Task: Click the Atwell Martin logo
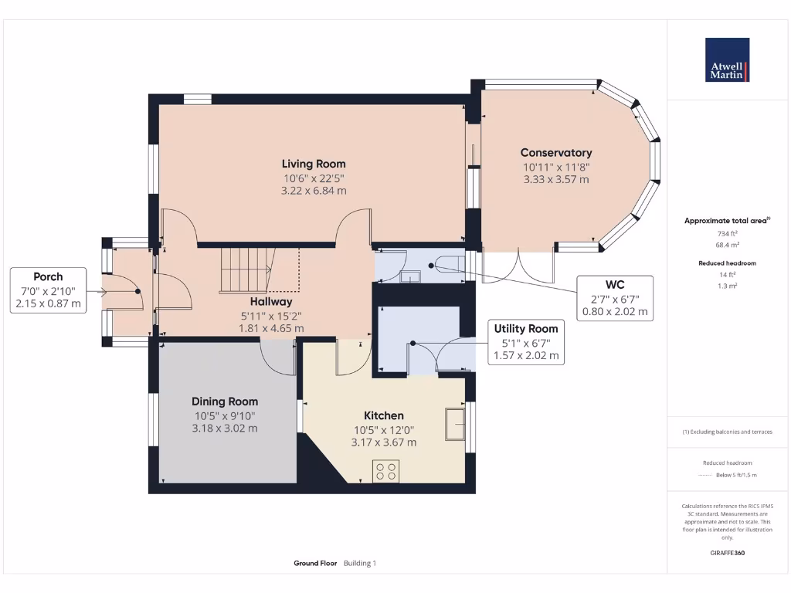click(727, 59)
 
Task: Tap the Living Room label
click(314, 164)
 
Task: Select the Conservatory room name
click(556, 152)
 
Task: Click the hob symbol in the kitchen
click(386, 471)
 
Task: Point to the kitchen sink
click(455, 425)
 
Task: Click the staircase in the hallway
click(247, 269)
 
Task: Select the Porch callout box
click(49, 290)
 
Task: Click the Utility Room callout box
click(526, 342)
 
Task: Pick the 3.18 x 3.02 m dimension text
click(225, 428)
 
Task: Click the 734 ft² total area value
click(728, 233)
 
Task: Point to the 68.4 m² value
click(728, 245)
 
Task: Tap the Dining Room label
click(225, 402)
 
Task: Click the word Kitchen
click(384, 415)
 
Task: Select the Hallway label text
click(271, 302)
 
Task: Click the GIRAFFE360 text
click(728, 553)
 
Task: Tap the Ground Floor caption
click(315, 563)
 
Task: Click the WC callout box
click(615, 298)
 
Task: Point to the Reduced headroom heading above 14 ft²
click(728, 263)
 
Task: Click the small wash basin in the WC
click(411, 276)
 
